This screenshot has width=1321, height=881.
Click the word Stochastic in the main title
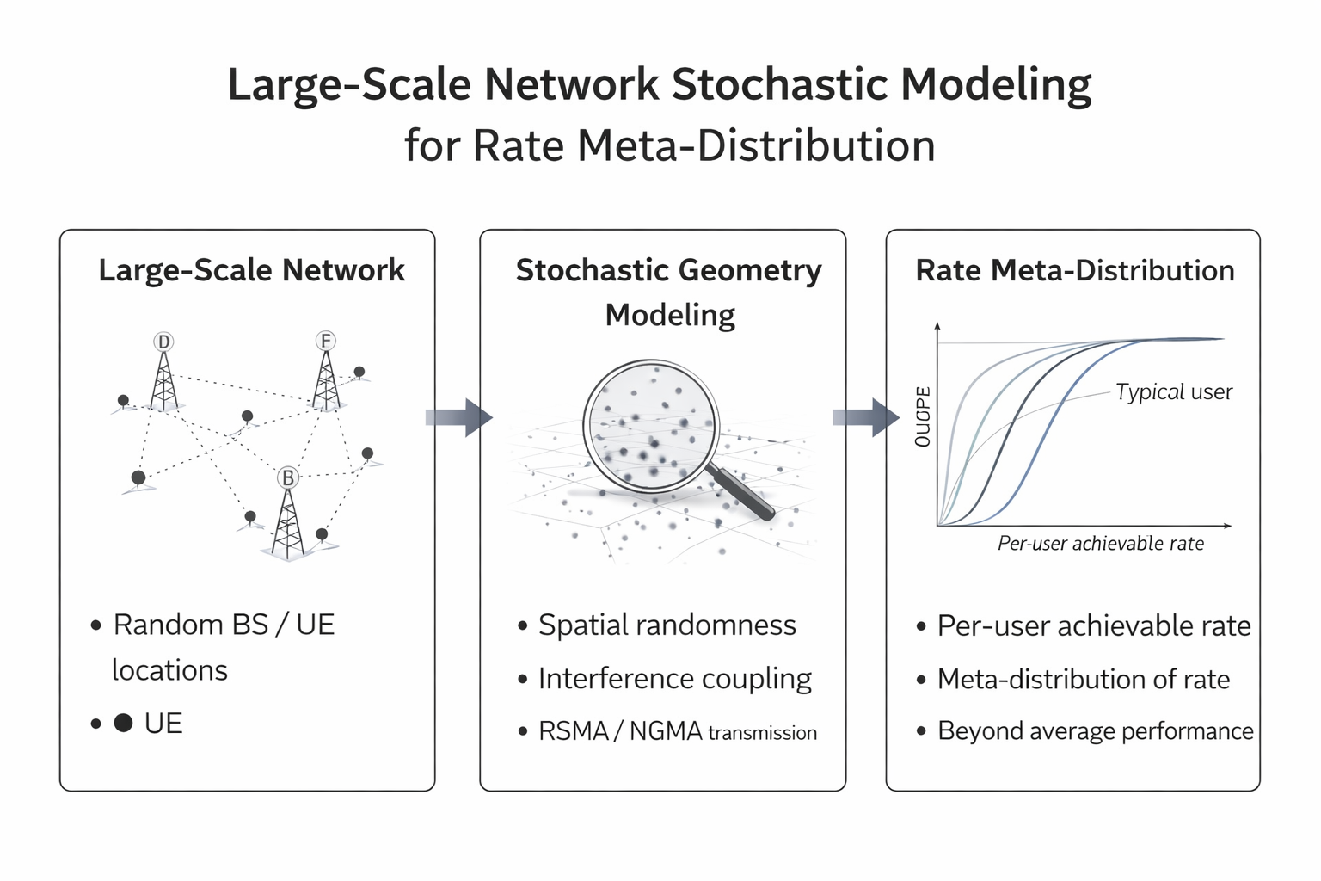point(778,85)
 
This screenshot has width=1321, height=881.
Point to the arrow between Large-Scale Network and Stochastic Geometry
point(458,417)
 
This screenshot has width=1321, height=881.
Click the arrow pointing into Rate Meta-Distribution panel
point(865,417)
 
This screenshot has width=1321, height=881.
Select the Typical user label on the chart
point(1174,392)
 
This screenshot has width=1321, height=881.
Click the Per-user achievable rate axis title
point(1100,544)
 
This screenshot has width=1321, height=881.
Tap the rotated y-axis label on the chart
point(923,416)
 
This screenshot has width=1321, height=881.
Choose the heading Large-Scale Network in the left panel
point(251,270)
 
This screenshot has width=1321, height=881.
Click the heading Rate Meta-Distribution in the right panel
point(1074,270)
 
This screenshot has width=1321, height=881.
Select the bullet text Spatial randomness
point(667,625)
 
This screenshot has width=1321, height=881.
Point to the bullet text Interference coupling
point(674,679)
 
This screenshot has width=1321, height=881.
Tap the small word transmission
point(762,733)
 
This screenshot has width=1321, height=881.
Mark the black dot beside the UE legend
point(123,723)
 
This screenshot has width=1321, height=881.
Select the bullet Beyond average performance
point(1095,731)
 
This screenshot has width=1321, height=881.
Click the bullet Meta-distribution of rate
point(1083,680)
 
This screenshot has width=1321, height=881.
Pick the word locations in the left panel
point(169,670)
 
